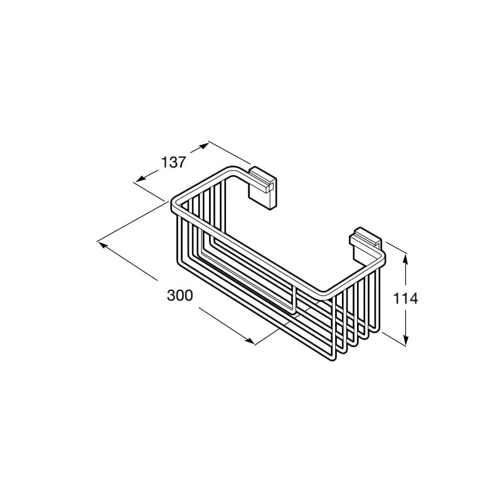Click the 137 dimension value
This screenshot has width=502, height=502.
(x=173, y=163)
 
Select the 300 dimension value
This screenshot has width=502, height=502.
(x=180, y=296)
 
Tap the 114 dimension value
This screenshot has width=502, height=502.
(x=405, y=299)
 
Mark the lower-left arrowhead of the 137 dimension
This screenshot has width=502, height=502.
(x=140, y=179)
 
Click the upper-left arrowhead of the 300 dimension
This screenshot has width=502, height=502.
(x=102, y=245)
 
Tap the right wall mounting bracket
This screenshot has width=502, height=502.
(x=366, y=245)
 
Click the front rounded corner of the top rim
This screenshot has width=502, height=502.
(x=326, y=296)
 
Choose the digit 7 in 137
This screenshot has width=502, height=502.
(x=181, y=163)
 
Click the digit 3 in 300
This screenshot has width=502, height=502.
(x=171, y=296)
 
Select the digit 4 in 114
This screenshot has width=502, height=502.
(x=414, y=299)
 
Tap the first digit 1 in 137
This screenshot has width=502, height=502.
(x=164, y=163)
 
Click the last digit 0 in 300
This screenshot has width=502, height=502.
(x=189, y=296)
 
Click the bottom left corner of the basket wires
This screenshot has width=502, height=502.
(x=178, y=262)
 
